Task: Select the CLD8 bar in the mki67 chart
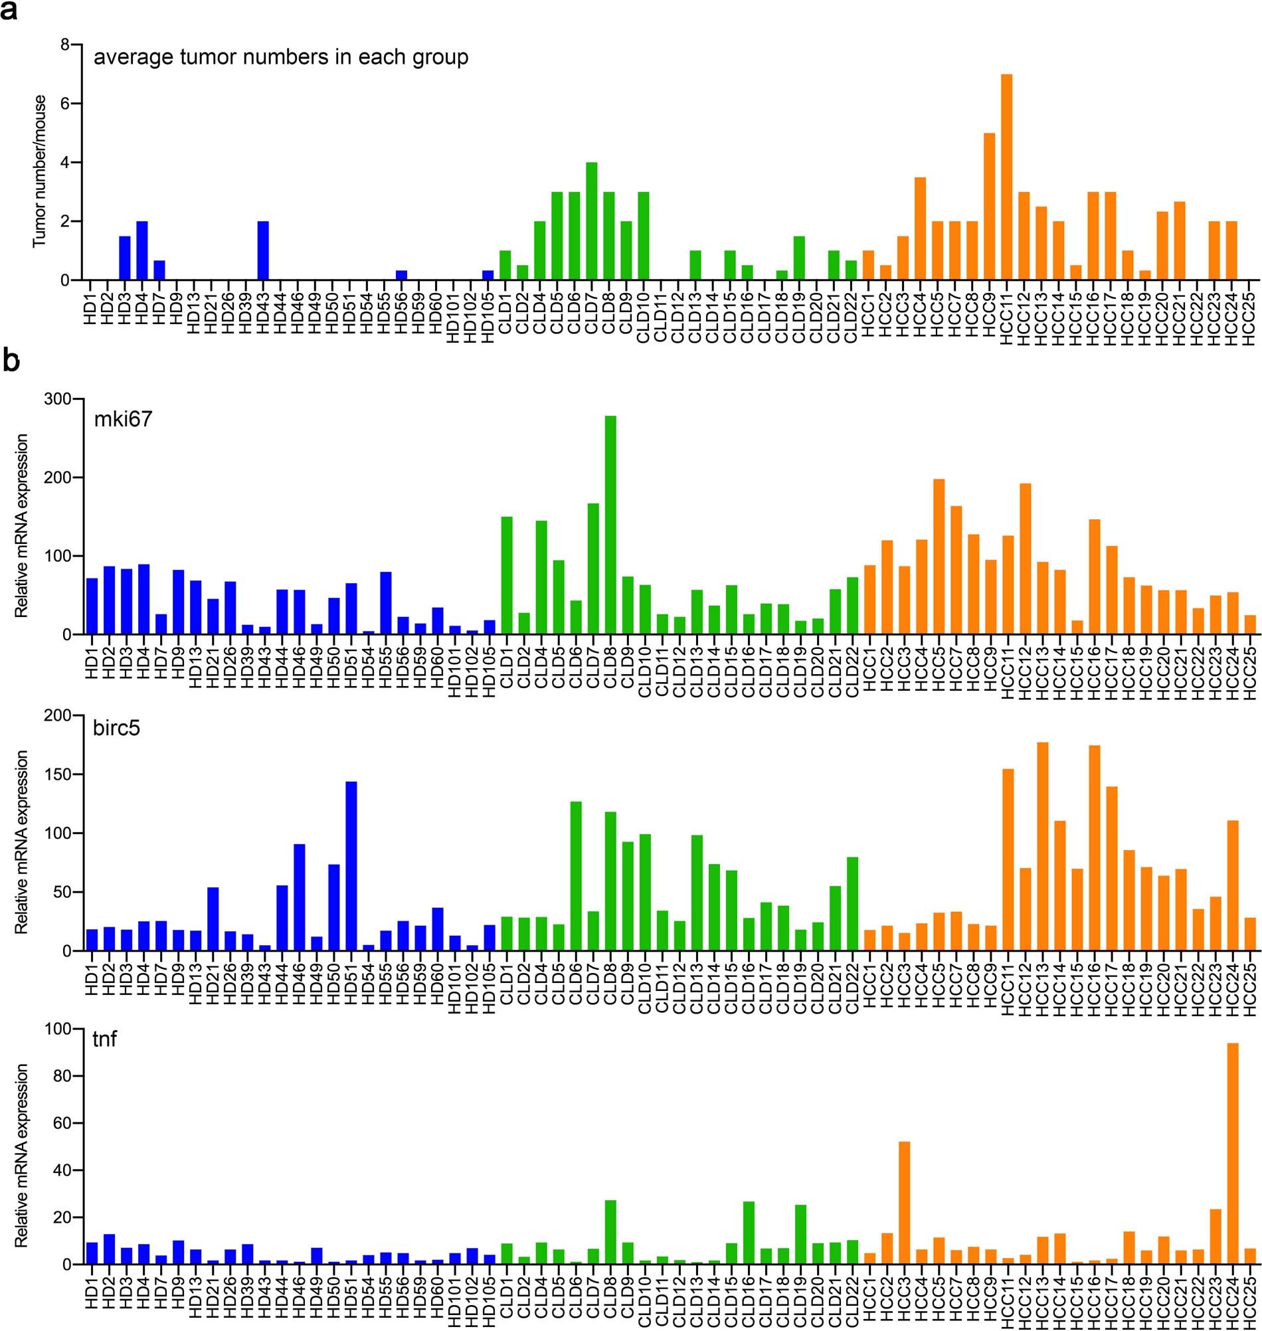point(610,525)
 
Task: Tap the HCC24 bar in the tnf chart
point(1232,1154)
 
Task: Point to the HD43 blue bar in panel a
point(263,250)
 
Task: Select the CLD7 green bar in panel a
point(592,221)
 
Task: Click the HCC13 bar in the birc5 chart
point(1042,847)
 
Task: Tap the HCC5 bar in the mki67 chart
point(939,556)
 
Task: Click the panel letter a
point(9,11)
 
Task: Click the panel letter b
point(11,361)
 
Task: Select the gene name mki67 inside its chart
point(123,419)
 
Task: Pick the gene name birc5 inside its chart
point(116,728)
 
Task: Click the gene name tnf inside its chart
point(105,1039)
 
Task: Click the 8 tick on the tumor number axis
point(64,45)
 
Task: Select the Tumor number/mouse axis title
point(41,171)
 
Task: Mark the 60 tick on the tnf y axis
point(61,1123)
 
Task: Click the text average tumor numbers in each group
point(280,57)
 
